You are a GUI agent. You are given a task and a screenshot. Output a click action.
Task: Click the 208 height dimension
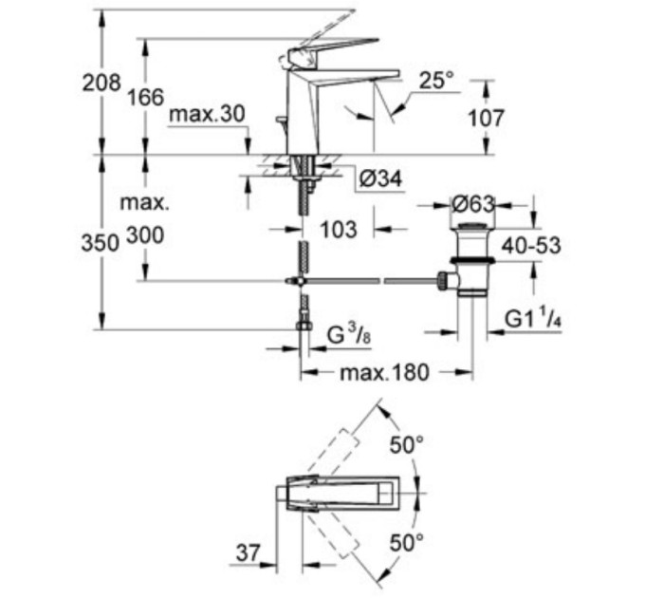[101, 84]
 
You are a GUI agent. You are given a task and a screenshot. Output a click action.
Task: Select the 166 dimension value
[145, 96]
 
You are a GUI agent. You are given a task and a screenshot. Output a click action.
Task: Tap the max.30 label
[207, 115]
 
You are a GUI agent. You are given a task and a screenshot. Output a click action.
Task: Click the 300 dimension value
[143, 234]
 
